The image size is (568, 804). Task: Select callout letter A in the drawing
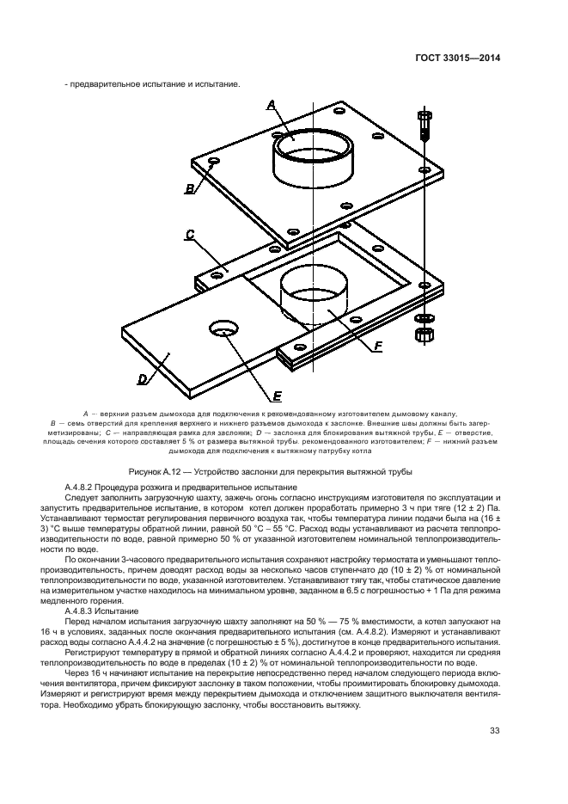[x=271, y=104]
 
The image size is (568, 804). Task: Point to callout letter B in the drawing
[x=188, y=187]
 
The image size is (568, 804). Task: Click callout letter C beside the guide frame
[x=190, y=234]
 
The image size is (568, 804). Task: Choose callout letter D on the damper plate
[x=144, y=377]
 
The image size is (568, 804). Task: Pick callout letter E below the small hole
[x=278, y=396]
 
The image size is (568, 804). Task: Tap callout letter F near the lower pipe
[x=377, y=347]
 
